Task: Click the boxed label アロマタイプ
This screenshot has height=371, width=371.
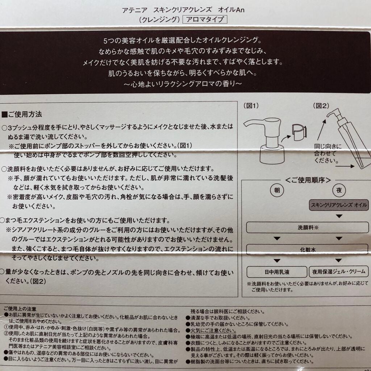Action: coord(205,19)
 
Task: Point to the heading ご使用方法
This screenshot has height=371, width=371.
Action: coord(24,114)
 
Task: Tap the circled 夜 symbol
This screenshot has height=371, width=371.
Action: coord(339,189)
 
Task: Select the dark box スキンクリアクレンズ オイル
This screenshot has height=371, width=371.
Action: coord(339,205)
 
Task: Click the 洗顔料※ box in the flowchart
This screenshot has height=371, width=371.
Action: coord(307,228)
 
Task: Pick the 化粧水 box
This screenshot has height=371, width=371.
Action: coord(307,250)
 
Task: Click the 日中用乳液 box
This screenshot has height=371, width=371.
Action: coord(276,271)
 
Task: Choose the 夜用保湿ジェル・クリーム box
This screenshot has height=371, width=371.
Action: coord(339,271)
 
